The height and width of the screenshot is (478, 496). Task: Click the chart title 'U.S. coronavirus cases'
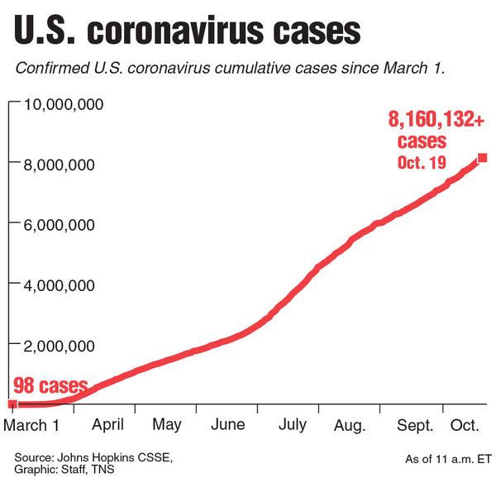tap(187, 31)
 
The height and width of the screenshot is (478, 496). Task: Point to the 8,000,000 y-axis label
tap(64, 164)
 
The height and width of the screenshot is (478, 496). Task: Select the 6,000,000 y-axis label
tap(64, 224)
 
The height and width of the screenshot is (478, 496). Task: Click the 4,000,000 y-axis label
tap(64, 284)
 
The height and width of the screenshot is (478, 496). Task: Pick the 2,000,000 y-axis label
tap(64, 345)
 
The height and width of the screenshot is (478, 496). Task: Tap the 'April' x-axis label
tap(107, 425)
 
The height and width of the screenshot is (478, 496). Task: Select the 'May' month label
tap(168, 425)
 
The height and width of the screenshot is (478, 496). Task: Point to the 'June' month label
tap(228, 425)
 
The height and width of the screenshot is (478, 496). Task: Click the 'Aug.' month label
tap(351, 425)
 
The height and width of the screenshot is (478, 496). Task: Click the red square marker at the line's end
tap(482, 158)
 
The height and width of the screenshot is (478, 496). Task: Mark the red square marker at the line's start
tap(12, 404)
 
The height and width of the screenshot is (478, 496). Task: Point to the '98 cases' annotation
tap(50, 386)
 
